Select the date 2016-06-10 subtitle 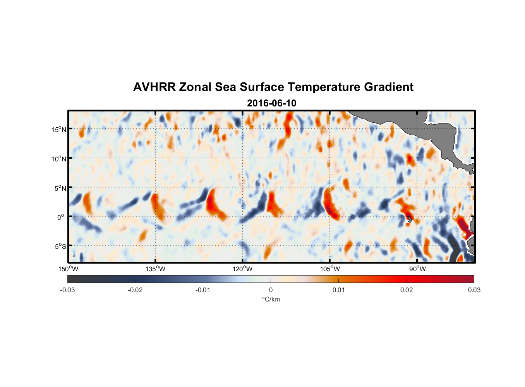tap(271, 103)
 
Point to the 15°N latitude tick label tap(59, 129)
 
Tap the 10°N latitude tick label tap(59, 159)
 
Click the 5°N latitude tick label tap(60, 188)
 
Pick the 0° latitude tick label tap(61, 217)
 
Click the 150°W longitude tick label tap(69, 269)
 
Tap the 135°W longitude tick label tap(156, 269)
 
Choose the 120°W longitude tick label tap(243, 269)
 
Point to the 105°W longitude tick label tap(330, 269)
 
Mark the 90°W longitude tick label tap(417, 269)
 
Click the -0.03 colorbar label tap(67, 290)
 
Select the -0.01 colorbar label tap(203, 290)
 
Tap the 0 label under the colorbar tap(271, 290)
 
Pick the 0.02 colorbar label tap(407, 290)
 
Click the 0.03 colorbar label tap(474, 290)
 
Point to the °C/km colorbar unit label tap(271, 299)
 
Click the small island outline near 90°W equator tap(409, 219)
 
